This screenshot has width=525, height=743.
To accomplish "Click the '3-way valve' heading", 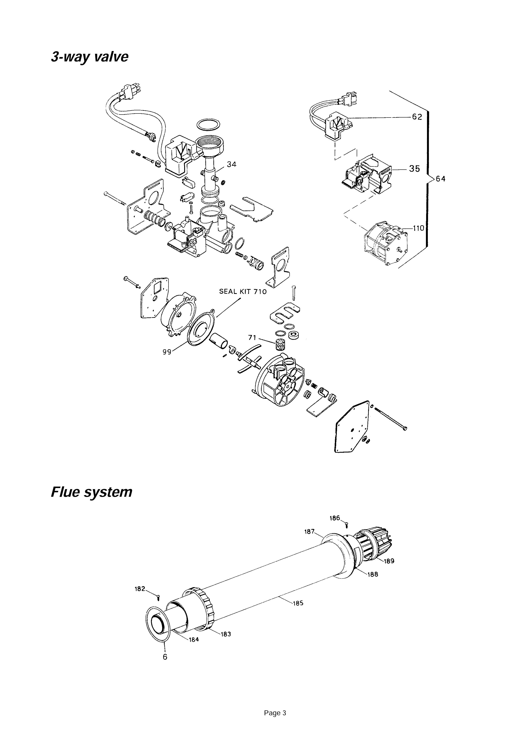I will tap(90, 57).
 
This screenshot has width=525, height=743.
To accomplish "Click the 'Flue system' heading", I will tap(91, 492).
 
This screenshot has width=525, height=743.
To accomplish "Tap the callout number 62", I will tap(417, 117).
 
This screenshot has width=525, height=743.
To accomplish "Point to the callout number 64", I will tap(441, 179).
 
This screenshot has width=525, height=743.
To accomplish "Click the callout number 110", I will tap(418, 228).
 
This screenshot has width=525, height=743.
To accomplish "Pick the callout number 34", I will tap(231, 164).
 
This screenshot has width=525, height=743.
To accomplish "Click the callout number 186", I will tap(335, 518).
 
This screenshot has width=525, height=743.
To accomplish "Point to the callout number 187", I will tap(309, 532).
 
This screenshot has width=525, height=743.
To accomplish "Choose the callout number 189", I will tap(389, 561).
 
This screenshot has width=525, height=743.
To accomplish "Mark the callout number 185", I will tap(298, 603).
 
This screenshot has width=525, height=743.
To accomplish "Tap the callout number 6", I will tap(165, 657).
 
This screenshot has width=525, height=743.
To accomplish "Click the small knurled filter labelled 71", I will tap(279, 345).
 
